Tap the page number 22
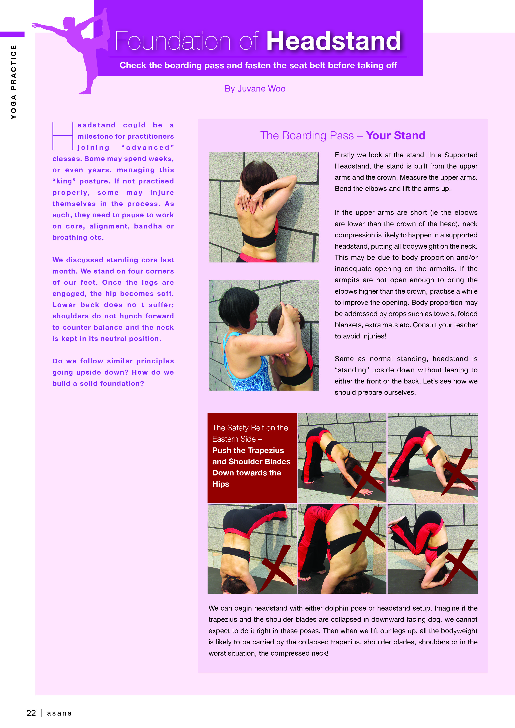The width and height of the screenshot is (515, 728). (x=31, y=713)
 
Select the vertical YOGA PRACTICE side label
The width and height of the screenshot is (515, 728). (x=13, y=82)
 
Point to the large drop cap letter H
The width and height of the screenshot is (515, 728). (x=63, y=136)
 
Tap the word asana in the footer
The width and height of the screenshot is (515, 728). (x=59, y=713)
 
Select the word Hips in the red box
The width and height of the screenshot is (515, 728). (x=221, y=484)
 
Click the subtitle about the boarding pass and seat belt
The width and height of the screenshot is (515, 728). (x=258, y=65)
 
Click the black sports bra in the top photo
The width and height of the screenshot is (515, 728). (x=259, y=238)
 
